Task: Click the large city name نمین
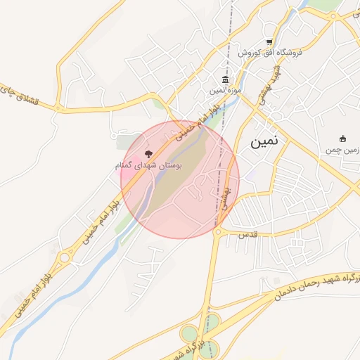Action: click(x=264, y=141)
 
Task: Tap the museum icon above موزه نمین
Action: click(x=225, y=79)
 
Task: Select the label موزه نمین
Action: click(x=225, y=90)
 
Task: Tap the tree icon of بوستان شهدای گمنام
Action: click(x=148, y=153)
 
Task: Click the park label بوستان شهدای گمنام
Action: click(x=148, y=165)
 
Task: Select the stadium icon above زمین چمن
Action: click(x=342, y=138)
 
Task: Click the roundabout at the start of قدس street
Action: click(x=218, y=231)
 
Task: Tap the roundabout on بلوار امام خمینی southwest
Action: click(x=64, y=257)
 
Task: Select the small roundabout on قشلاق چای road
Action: click(x=58, y=107)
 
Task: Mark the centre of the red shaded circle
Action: click(x=180, y=179)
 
